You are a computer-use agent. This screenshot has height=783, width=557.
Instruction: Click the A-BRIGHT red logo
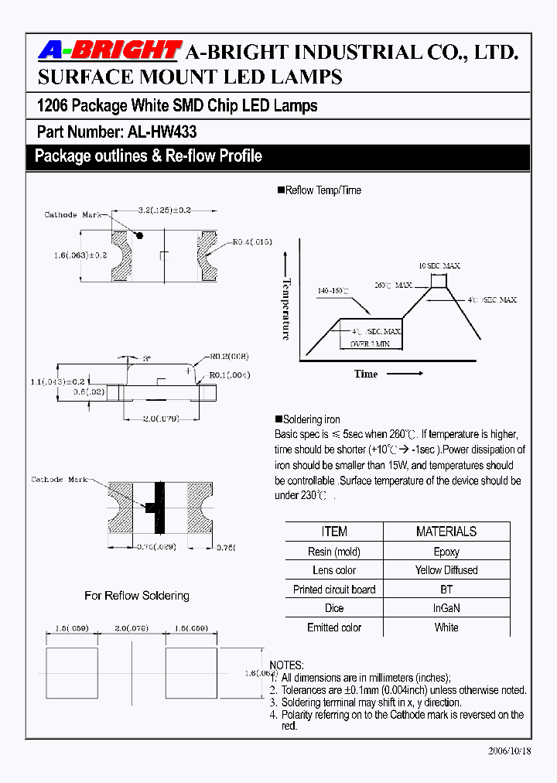[109, 51]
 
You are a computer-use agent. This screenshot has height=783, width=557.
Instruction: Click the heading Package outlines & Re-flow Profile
[149, 156]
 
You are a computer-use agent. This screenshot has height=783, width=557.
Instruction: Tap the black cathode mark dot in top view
[141, 234]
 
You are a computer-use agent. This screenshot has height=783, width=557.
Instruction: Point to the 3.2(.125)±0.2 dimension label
[163, 210]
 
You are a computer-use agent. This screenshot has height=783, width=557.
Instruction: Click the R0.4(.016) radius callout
[252, 242]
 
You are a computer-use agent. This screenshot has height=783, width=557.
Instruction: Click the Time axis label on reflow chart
[366, 374]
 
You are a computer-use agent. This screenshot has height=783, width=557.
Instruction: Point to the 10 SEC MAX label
[439, 265]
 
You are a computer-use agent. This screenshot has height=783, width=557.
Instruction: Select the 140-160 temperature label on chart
[333, 292]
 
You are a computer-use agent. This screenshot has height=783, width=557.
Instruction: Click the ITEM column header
[334, 532]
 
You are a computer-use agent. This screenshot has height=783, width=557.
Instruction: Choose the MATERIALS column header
[446, 532]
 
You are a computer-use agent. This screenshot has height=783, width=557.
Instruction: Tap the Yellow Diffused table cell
[446, 570]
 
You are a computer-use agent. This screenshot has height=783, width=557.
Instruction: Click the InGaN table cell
[446, 608]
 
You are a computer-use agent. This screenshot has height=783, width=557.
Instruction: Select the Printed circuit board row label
[334, 590]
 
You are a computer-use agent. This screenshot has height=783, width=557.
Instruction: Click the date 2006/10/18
[510, 751]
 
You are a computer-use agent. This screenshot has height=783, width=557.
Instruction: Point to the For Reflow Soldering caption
[137, 595]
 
